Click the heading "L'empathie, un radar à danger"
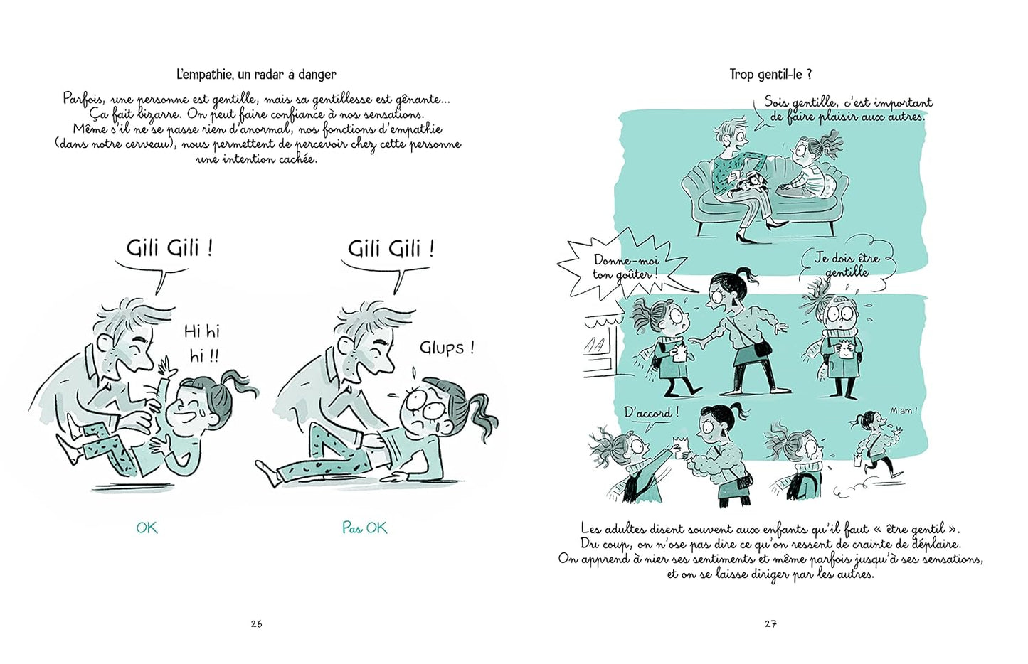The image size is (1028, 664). pyautogui.click(x=256, y=74)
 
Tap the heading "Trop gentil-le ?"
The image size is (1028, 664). pyautogui.click(x=770, y=74)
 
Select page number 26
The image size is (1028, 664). pyautogui.click(x=257, y=623)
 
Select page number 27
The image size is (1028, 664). pyautogui.click(x=770, y=623)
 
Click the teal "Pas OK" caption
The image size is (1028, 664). pyautogui.click(x=365, y=528)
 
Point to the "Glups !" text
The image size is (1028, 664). pyautogui.click(x=447, y=348)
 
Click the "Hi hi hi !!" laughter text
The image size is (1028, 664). pyautogui.click(x=202, y=343)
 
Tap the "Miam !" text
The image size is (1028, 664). pyautogui.click(x=904, y=411)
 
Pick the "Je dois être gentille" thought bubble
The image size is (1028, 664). pyautogui.click(x=847, y=265)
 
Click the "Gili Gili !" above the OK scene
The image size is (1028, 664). pyautogui.click(x=169, y=249)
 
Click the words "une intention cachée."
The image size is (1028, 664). pyautogui.click(x=257, y=159)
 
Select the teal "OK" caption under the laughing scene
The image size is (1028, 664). pyautogui.click(x=147, y=528)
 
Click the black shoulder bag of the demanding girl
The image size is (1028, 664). pyautogui.click(x=761, y=348)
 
